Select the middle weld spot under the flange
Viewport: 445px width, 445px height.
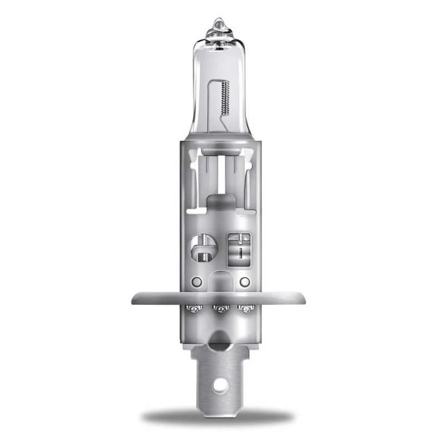point(221,308)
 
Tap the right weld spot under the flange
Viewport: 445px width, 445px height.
point(244,308)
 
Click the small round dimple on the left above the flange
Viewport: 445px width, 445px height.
point(196,282)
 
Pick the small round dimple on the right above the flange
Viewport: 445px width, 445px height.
point(244,282)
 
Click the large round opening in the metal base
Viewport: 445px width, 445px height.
point(201,248)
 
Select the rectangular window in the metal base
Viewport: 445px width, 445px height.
point(239,248)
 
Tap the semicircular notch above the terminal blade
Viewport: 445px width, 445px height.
point(221,337)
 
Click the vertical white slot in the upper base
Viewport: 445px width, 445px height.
point(221,172)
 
